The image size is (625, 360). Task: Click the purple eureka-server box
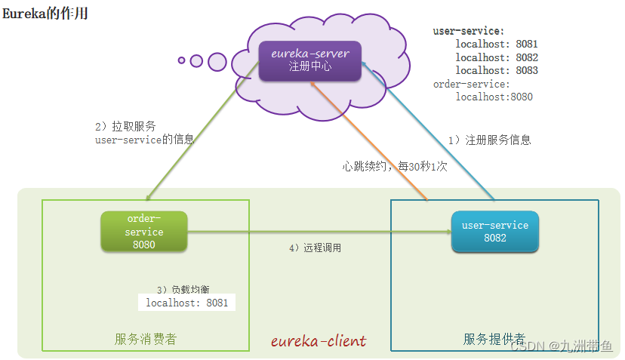coord(310,61)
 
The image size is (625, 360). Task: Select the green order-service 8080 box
coord(144,231)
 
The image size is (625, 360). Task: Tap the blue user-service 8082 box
coord(495,231)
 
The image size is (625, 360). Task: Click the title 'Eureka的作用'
coord(45,14)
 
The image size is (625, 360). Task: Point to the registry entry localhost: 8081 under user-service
coord(497,44)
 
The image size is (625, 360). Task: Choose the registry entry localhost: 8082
coord(497,57)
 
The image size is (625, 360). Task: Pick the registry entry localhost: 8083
coord(497,70)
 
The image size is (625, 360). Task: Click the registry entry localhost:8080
coord(494,97)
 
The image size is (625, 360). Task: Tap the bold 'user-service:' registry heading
coord(469,31)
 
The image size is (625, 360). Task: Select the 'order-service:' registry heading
coord(472,84)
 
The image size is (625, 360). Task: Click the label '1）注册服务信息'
coord(489,140)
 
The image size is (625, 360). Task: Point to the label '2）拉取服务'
coord(125,126)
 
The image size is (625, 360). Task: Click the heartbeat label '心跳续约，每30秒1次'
coord(395,166)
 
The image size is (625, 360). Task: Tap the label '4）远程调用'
coord(316,248)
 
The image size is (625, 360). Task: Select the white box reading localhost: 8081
coord(186,302)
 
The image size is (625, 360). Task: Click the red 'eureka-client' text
coord(319,341)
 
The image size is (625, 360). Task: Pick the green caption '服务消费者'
coord(146,340)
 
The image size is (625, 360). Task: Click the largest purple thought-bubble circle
coord(217,62)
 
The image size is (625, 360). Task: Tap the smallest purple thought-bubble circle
coord(181,60)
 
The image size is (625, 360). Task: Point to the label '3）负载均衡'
coord(183,289)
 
